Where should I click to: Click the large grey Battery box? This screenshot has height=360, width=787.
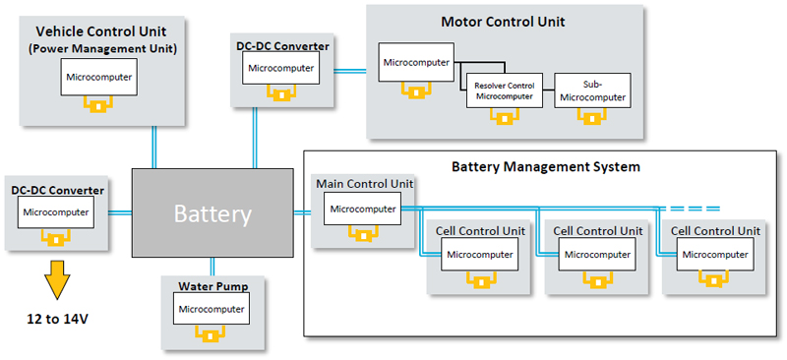point(212,212)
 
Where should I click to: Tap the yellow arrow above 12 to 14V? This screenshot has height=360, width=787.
point(56,279)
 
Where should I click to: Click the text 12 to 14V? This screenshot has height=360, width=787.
point(57,319)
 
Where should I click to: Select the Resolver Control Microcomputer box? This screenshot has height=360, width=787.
point(505,90)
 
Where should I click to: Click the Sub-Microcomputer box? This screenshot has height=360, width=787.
point(592,90)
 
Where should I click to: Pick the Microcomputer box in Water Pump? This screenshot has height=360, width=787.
point(212,309)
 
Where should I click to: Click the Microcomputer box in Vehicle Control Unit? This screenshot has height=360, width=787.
point(99,77)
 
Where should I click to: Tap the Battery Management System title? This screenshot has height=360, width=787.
point(546,166)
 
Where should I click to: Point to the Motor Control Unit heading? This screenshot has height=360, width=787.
point(503,22)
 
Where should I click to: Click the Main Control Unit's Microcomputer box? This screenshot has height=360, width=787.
point(362,209)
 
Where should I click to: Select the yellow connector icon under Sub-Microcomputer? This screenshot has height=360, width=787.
point(592,117)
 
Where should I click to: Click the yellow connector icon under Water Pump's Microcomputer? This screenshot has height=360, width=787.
point(212,333)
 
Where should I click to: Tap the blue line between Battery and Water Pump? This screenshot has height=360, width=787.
point(212,267)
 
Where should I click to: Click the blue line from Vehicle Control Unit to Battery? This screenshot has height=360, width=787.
point(154,148)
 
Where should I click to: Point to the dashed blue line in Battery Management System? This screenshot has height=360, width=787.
point(690,209)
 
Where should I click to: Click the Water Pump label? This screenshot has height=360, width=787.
point(213,286)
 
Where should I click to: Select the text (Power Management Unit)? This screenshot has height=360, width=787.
point(102,49)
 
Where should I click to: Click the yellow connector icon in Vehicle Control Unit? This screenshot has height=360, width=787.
point(98,104)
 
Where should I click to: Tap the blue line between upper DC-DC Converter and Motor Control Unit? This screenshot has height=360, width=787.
point(350,71)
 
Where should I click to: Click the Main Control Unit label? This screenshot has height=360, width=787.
point(365,183)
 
